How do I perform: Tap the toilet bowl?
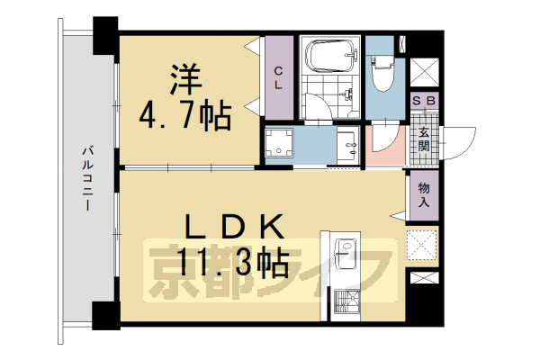tap(382, 74)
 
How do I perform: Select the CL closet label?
tap(279, 79)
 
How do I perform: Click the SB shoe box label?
tap(423, 102)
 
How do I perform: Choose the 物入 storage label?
tap(423, 195)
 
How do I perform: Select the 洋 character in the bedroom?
tap(179, 77)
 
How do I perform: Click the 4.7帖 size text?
tap(184, 114)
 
